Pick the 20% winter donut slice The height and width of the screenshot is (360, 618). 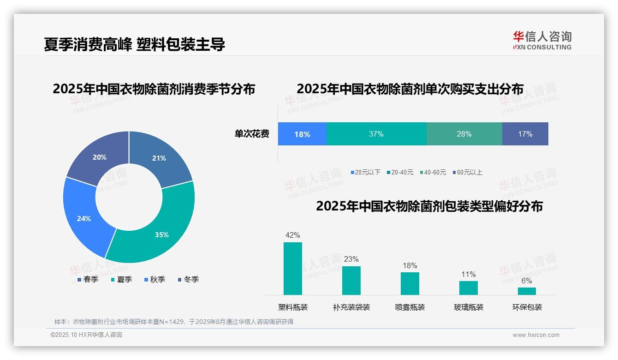[99, 157]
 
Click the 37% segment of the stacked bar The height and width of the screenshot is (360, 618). [376, 134]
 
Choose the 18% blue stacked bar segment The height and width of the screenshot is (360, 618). [302, 134]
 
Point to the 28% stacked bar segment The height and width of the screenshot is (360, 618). [464, 134]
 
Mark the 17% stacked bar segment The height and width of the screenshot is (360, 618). [525, 134]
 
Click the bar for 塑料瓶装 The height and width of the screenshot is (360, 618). [293, 269]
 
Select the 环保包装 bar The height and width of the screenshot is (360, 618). [527, 291]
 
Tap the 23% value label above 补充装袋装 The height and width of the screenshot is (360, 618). [351, 259]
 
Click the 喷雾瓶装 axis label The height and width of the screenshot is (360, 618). [410, 307]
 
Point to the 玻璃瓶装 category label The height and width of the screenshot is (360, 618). [469, 307]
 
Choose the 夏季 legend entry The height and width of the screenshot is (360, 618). [121, 279]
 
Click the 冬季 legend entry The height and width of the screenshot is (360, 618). [188, 279]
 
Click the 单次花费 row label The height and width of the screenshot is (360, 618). [252, 134]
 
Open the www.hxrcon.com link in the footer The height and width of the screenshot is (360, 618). [535, 335]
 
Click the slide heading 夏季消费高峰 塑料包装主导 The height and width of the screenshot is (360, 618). [134, 44]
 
